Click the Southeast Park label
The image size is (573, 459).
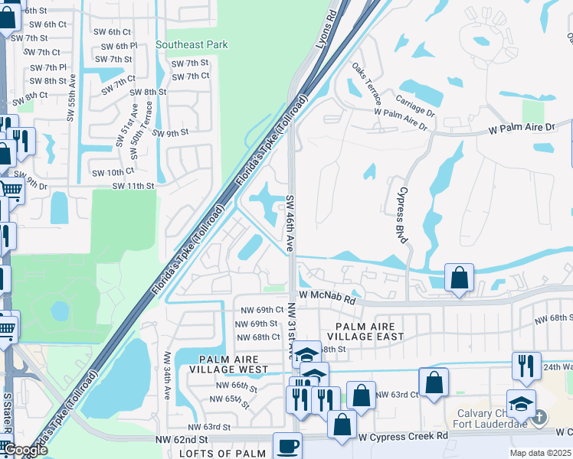point(192,45)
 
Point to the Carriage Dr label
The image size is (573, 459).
point(415,102)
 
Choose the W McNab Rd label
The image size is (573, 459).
point(329,296)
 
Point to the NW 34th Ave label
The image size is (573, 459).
point(167,376)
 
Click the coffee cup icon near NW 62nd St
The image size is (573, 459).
point(288,446)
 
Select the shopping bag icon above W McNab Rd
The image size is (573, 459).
point(459,278)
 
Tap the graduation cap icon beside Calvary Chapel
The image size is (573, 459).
point(520,402)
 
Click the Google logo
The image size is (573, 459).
point(25,450)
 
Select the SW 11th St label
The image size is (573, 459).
point(133,186)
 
